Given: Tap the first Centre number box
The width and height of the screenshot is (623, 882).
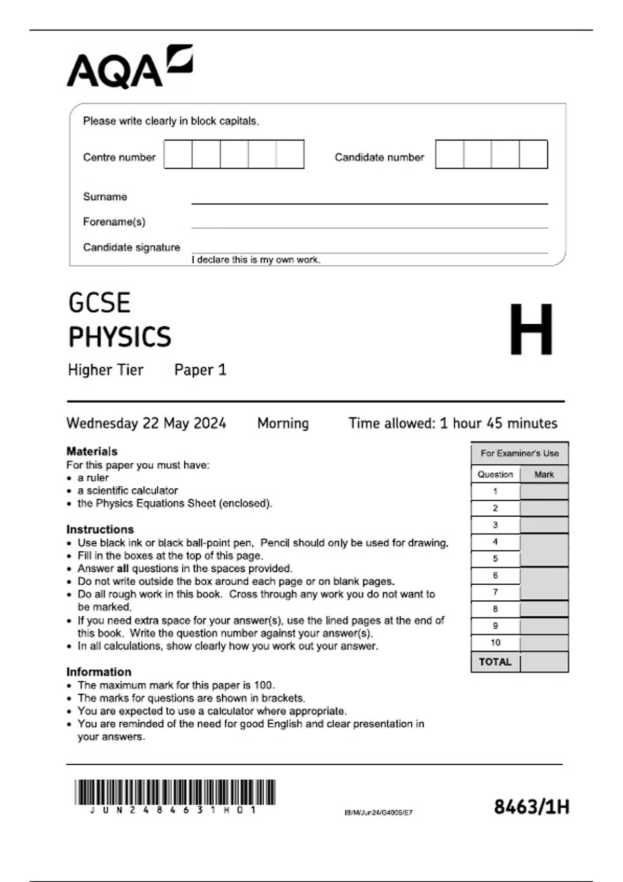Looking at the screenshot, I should point(178,154).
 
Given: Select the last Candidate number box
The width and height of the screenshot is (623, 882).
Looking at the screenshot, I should point(533,154).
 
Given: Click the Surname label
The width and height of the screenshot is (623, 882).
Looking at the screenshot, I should point(105,197).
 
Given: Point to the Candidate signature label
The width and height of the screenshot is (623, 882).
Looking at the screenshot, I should point(131,247).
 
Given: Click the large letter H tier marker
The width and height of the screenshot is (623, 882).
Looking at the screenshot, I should point(531,330).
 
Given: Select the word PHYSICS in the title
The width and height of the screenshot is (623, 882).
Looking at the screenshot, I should point(120,337).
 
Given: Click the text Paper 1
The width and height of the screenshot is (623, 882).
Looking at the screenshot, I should point(200,370).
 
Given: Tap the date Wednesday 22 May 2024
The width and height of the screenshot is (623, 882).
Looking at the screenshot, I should point(146,423).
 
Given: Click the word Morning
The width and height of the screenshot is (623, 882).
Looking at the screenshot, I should point(283,423).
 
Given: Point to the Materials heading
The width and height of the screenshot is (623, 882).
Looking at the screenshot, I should point(92,451).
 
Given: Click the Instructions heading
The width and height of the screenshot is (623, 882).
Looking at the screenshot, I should point(100,530).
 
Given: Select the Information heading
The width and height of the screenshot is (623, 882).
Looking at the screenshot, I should point(99,672).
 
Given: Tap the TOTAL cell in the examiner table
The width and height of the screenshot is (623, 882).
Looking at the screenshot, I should point(495,662).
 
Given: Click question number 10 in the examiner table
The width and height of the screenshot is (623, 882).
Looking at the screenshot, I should point(495,643).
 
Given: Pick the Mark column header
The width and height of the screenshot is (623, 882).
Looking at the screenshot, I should point(544,474).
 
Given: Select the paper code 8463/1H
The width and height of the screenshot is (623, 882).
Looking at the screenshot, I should point(531,807).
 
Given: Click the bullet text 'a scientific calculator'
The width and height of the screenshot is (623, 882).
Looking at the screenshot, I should point(128,491).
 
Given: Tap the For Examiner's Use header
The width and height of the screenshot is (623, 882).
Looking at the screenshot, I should point(519,453).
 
